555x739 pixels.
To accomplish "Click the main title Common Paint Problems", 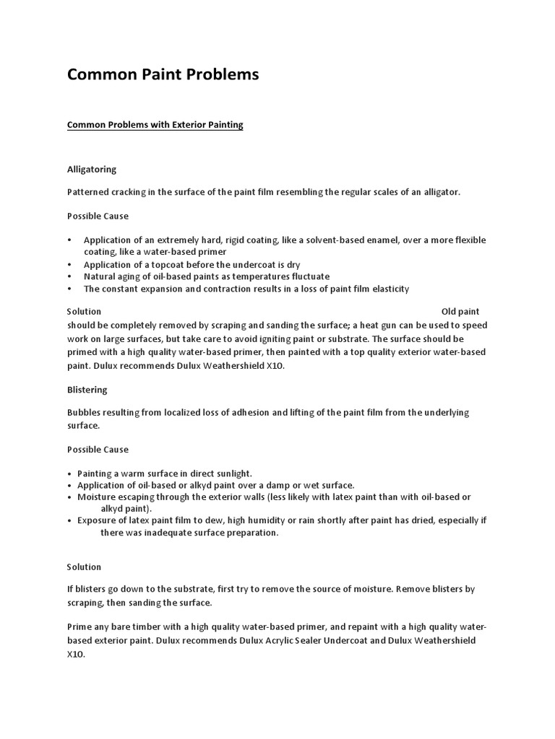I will pyautogui.click(x=163, y=74).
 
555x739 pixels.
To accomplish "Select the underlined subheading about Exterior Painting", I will pyautogui.click(x=155, y=125).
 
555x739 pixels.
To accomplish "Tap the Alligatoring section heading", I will pyautogui.click(x=92, y=170).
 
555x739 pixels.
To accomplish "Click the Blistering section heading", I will pyautogui.click(x=87, y=390).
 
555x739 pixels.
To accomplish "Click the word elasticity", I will pyautogui.click(x=390, y=289).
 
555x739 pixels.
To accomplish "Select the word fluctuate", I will pyautogui.click(x=309, y=276).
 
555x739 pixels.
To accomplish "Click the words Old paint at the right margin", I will pyautogui.click(x=460, y=312).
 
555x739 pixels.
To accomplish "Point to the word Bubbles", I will pyautogui.click(x=85, y=413).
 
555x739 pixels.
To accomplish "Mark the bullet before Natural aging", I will pyautogui.click(x=69, y=276).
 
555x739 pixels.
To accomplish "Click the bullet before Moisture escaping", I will pyautogui.click(x=69, y=497).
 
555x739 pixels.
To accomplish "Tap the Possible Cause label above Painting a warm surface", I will pyautogui.click(x=98, y=450).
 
